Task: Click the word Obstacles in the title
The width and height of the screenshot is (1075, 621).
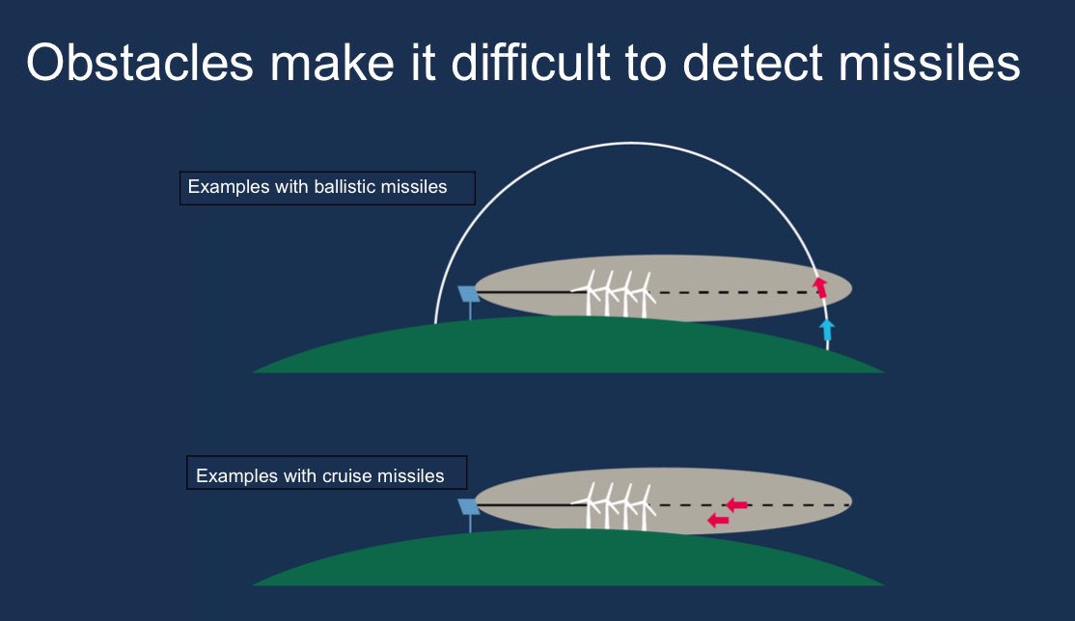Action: pyautogui.click(x=140, y=63)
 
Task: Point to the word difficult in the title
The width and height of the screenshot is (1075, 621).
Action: pyautogui.click(x=530, y=63)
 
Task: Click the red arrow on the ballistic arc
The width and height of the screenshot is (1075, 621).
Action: pyautogui.click(x=820, y=287)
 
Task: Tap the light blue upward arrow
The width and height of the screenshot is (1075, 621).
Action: pyautogui.click(x=828, y=330)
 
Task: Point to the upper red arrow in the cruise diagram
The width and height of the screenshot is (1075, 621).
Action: pyautogui.click(x=736, y=505)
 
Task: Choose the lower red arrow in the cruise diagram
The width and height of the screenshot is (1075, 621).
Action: pyautogui.click(x=718, y=521)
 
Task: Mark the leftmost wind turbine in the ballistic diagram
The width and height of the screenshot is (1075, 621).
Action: pyautogui.click(x=589, y=293)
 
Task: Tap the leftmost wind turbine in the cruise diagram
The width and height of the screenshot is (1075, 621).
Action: pyautogui.click(x=589, y=506)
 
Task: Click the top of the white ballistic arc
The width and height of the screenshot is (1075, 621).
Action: pyautogui.click(x=631, y=144)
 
